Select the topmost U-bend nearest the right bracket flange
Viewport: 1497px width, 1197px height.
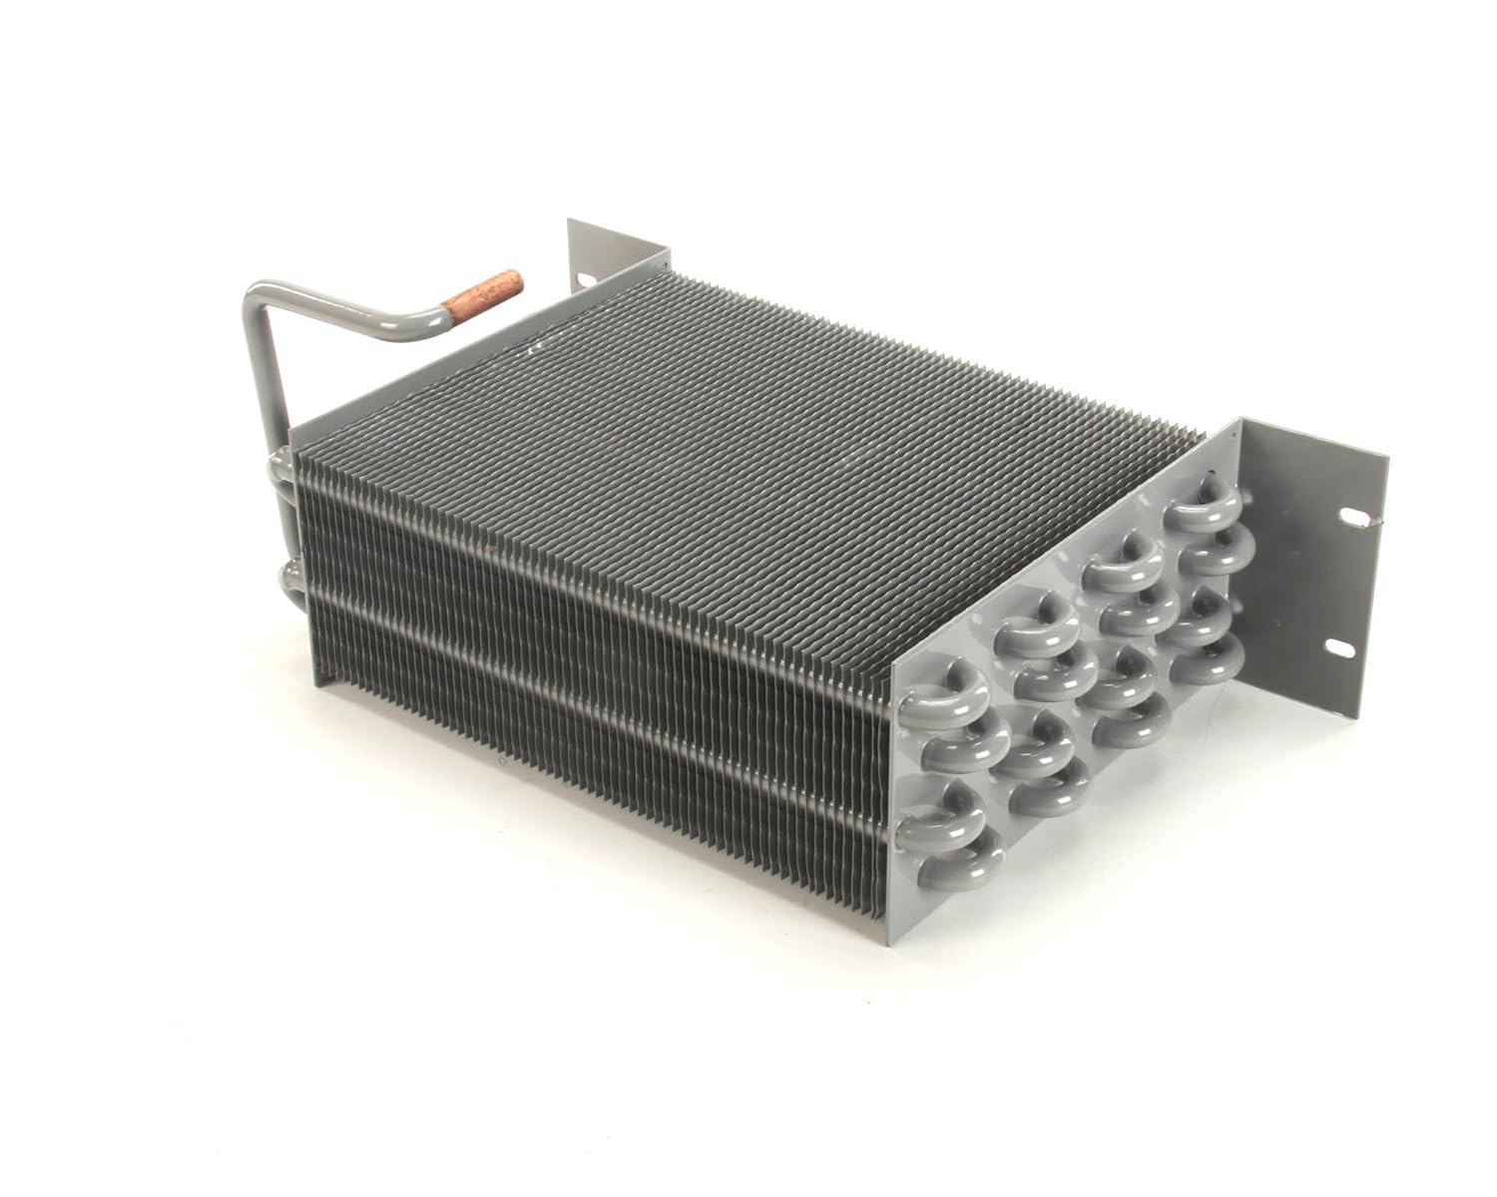(x=1203, y=512)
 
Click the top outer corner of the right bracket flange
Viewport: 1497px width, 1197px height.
(x=1387, y=457)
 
